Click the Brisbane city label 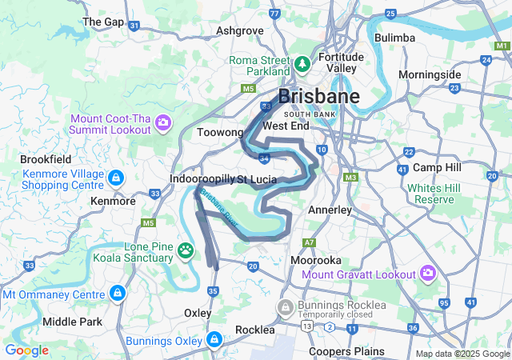coord(318,97)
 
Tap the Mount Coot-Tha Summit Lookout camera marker coord(162,122)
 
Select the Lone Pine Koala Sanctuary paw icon coord(186,251)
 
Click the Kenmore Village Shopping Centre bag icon coord(116,177)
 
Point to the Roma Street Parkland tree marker coord(302,63)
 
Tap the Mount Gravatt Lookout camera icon coord(427,274)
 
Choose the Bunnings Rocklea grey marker coord(286,306)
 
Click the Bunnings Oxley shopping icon coord(214,340)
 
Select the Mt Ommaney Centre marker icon coord(118,294)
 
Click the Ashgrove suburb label coord(240,31)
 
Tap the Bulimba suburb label coord(394,38)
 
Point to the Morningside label coord(430,74)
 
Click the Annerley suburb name coord(330,210)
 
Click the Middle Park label coord(72,322)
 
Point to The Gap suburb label coord(102,22)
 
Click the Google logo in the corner coord(26,350)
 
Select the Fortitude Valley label coord(342,62)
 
